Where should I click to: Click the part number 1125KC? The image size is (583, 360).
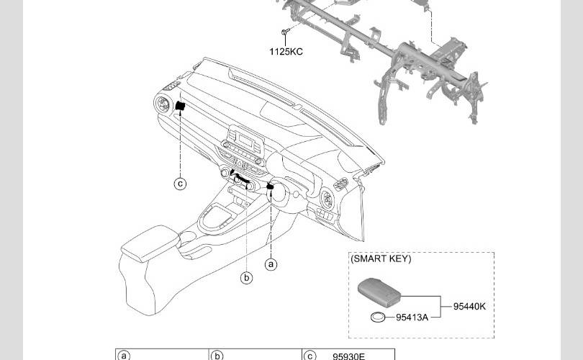(286, 52)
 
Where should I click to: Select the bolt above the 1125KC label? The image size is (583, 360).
(285, 32)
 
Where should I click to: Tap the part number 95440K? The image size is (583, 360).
(469, 307)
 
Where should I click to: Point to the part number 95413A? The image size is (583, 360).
(412, 318)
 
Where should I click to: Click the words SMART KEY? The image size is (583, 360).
(381, 258)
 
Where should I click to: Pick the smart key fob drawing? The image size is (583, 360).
(379, 289)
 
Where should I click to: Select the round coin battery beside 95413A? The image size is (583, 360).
(378, 318)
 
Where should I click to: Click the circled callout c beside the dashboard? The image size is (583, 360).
(181, 184)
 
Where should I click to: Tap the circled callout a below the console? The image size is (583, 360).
(271, 264)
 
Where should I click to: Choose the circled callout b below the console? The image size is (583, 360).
(246, 277)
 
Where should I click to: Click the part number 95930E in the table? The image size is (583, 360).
(349, 356)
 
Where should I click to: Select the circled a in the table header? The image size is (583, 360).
(124, 356)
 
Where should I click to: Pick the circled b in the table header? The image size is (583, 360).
(217, 356)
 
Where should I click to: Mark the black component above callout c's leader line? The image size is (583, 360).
(181, 106)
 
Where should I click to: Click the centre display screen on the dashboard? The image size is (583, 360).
(245, 141)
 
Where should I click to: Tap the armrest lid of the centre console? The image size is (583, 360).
(150, 243)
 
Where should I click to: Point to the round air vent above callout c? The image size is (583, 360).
(162, 104)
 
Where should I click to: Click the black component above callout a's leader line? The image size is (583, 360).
(271, 186)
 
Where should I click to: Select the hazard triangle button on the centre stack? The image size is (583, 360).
(240, 163)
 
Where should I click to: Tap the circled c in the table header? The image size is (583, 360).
(309, 356)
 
